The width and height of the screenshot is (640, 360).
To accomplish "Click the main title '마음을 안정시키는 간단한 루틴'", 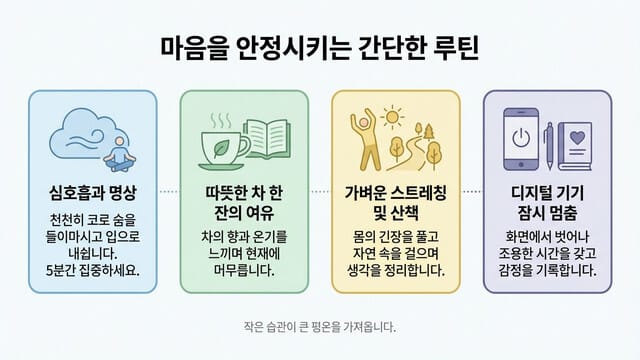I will coord(320,47).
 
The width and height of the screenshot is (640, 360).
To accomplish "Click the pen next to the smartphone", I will coord(548,140).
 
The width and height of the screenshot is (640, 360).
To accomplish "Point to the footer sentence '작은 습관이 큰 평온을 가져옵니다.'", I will coord(320,327).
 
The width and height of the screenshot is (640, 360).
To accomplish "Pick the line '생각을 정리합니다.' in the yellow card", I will coord(396,271).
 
